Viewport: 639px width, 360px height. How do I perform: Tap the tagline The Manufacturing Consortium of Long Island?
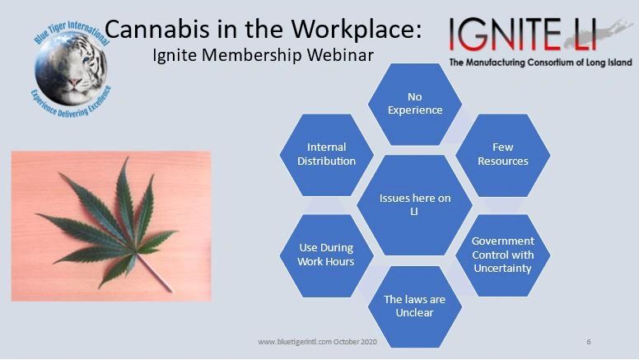point(540,63)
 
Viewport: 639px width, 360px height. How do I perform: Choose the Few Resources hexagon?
point(502,154)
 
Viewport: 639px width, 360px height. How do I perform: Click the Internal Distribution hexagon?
point(327,154)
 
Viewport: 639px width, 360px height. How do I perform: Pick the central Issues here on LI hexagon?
point(414,204)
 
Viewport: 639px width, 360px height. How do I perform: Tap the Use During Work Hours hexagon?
point(326,255)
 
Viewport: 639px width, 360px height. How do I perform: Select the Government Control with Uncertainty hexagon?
point(502,255)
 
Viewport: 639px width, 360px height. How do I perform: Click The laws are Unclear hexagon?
point(414,305)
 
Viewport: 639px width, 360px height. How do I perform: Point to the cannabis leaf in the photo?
point(115,218)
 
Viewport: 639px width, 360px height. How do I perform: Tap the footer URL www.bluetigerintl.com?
point(296,341)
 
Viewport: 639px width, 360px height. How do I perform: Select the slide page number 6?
point(589,341)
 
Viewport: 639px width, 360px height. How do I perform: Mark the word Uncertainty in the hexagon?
point(502,268)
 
